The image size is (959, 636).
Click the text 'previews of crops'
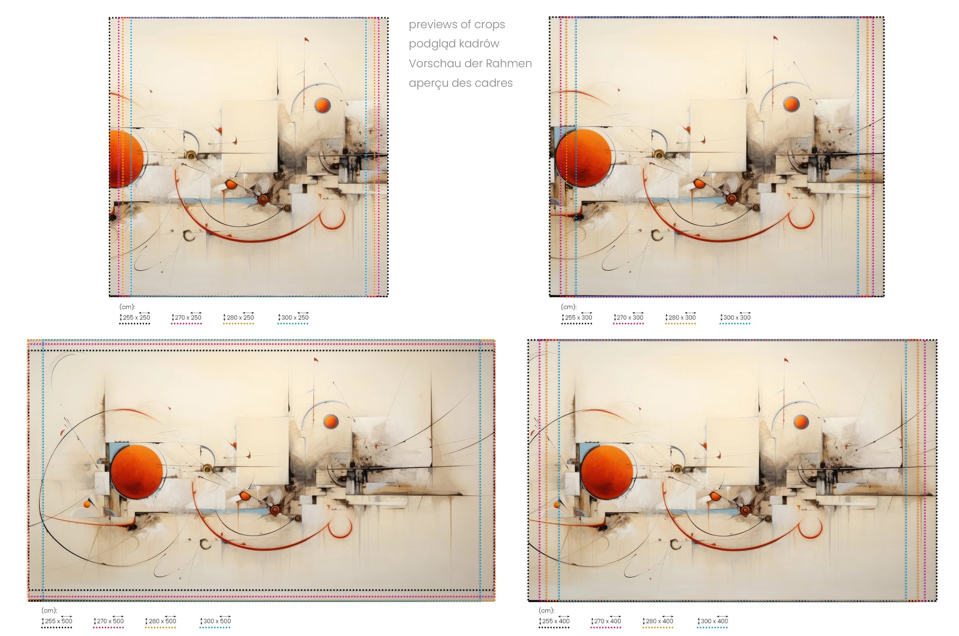point(457,25)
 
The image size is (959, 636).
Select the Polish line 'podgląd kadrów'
point(454,44)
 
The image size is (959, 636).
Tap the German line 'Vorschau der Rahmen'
point(470,64)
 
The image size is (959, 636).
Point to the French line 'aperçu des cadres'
point(461,83)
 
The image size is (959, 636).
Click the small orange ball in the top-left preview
point(322,105)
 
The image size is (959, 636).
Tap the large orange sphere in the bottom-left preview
point(137,471)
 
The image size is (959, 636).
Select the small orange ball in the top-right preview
point(791,104)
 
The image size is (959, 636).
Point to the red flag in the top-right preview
point(775,37)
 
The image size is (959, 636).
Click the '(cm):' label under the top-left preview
point(127,307)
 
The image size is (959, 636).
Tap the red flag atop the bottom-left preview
point(316,360)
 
